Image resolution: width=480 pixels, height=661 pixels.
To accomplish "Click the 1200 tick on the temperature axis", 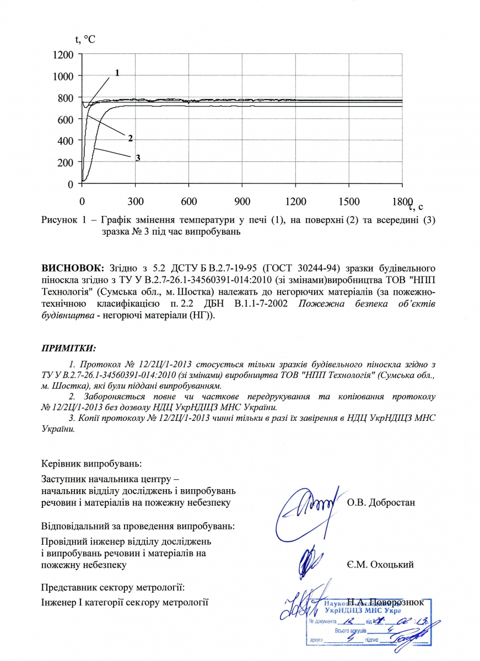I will click(x=64, y=55).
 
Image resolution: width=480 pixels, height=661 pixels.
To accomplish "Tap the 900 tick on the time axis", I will click(x=242, y=201).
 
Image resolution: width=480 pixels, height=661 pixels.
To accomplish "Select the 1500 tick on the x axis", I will click(x=349, y=201).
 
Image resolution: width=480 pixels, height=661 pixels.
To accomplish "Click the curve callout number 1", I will click(x=117, y=73).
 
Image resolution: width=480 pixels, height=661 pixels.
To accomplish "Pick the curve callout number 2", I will click(x=131, y=137).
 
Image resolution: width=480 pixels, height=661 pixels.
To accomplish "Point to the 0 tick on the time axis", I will click(x=82, y=201).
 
